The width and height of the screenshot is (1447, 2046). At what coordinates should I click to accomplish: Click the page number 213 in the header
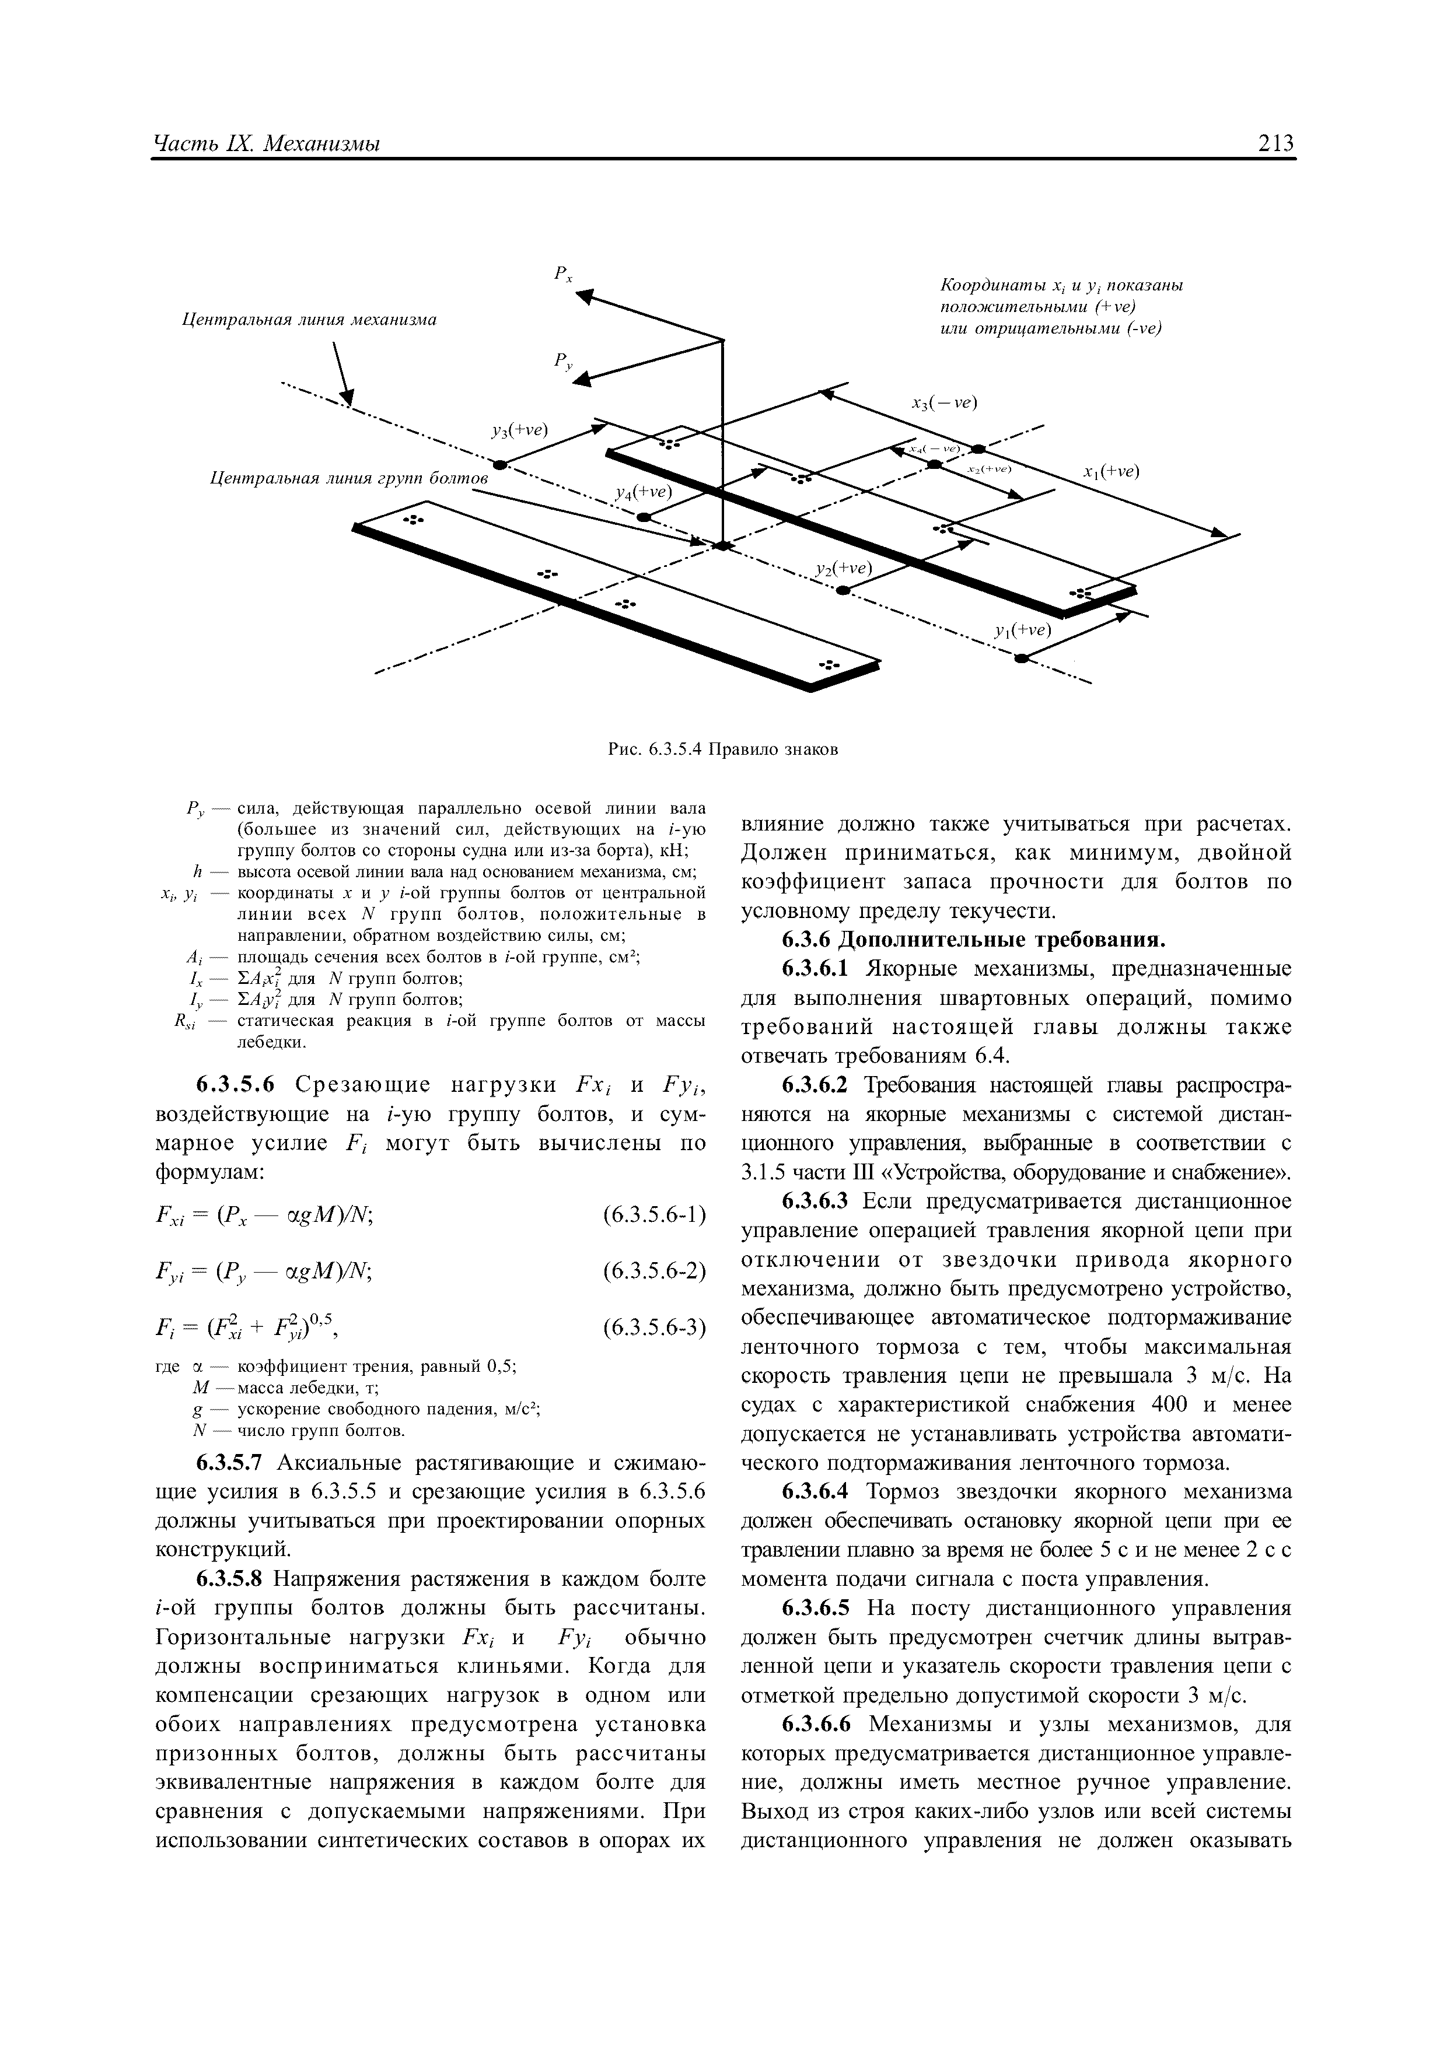tap(1274, 142)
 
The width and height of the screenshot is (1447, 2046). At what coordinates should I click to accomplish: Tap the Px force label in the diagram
tap(562, 275)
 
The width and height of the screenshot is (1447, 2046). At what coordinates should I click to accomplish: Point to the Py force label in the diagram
tap(562, 361)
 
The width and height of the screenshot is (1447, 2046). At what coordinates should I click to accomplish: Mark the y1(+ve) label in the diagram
tap(1023, 630)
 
